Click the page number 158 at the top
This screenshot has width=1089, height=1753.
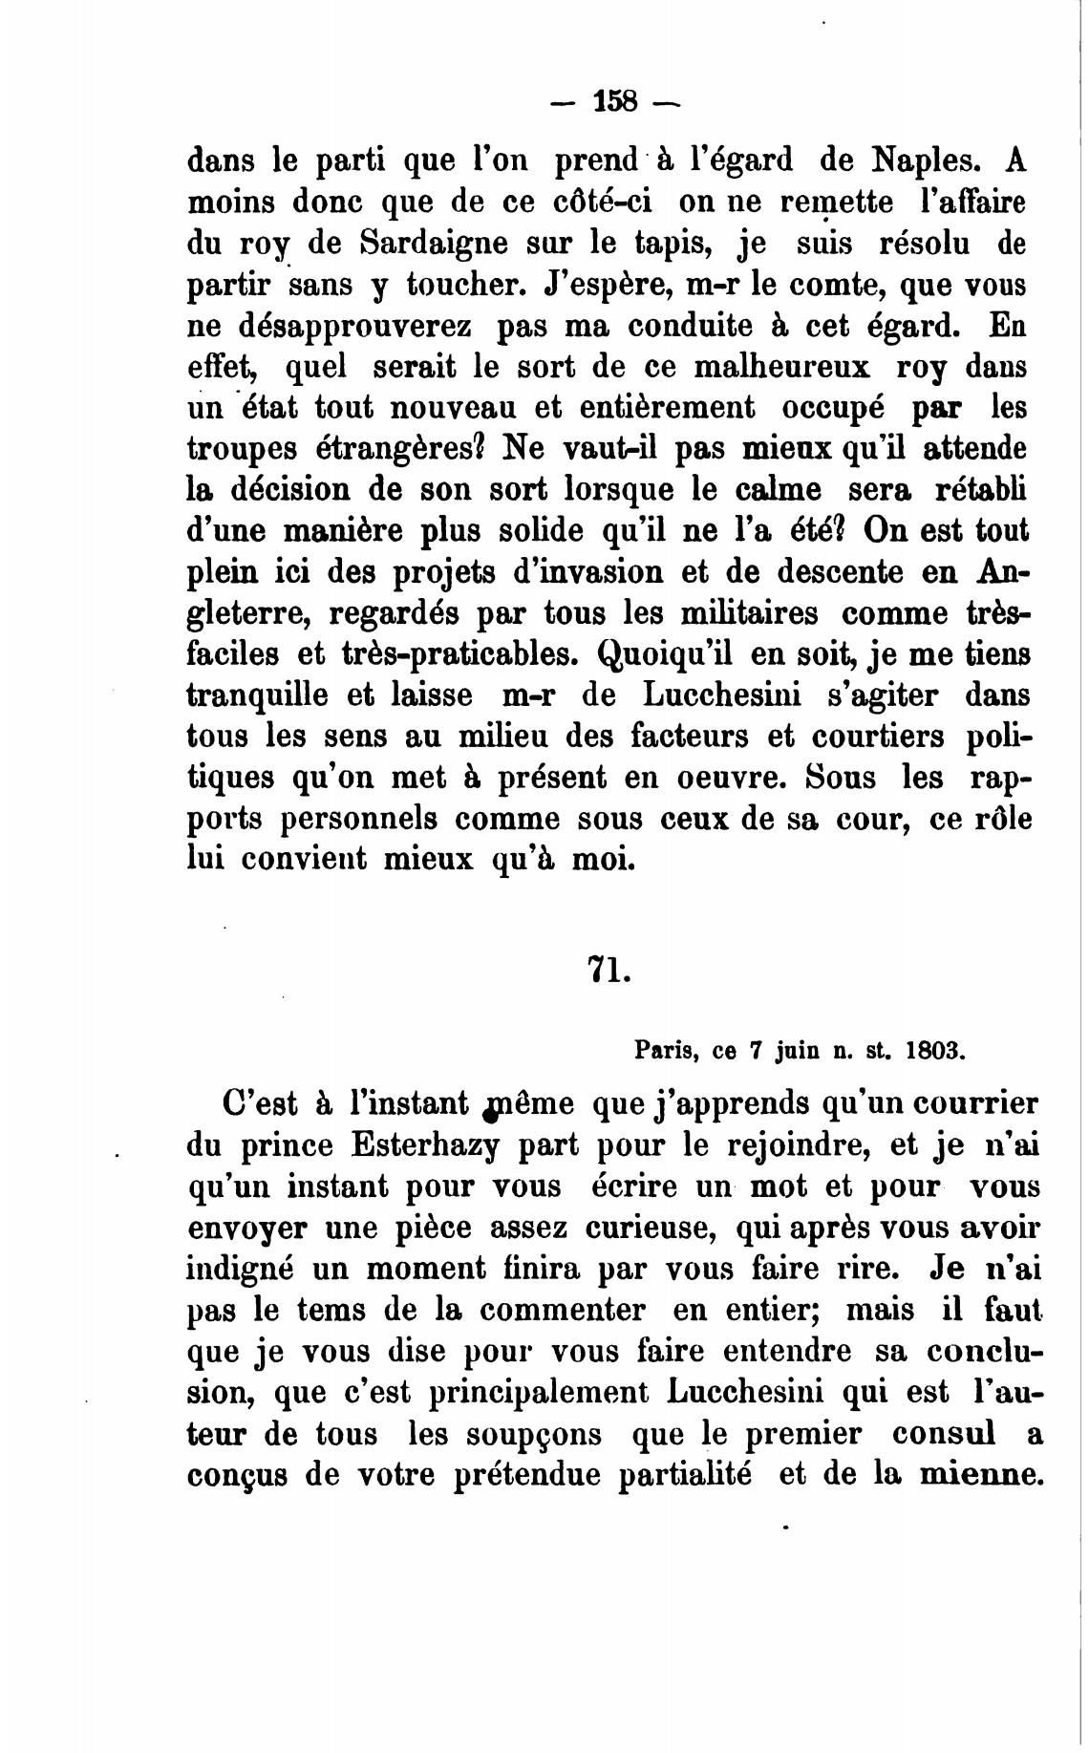click(x=614, y=100)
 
